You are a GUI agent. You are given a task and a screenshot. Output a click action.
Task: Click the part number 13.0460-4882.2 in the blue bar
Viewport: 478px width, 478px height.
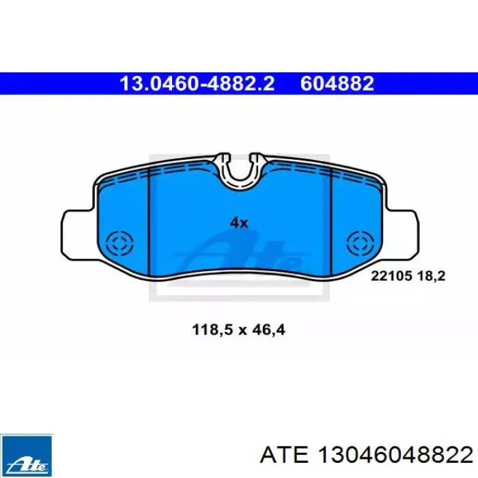coord(197,83)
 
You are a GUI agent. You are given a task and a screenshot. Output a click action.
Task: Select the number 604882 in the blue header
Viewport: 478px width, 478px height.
coord(337,83)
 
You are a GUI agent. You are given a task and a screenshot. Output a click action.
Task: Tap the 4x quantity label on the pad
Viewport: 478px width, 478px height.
coord(239,223)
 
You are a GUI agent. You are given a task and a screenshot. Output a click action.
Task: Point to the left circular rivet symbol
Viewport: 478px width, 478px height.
coord(119,244)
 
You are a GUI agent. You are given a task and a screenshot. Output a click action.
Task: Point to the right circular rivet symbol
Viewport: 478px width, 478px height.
coord(361,244)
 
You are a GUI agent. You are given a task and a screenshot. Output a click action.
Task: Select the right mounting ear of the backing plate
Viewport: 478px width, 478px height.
coord(402,234)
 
